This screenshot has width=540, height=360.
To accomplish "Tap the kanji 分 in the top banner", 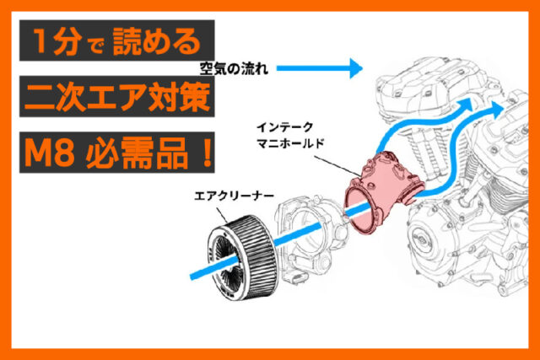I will tap(67, 40).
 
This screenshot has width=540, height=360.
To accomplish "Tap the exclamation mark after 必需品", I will tap(203, 155).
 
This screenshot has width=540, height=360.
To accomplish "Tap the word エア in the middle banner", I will tap(127, 98).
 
